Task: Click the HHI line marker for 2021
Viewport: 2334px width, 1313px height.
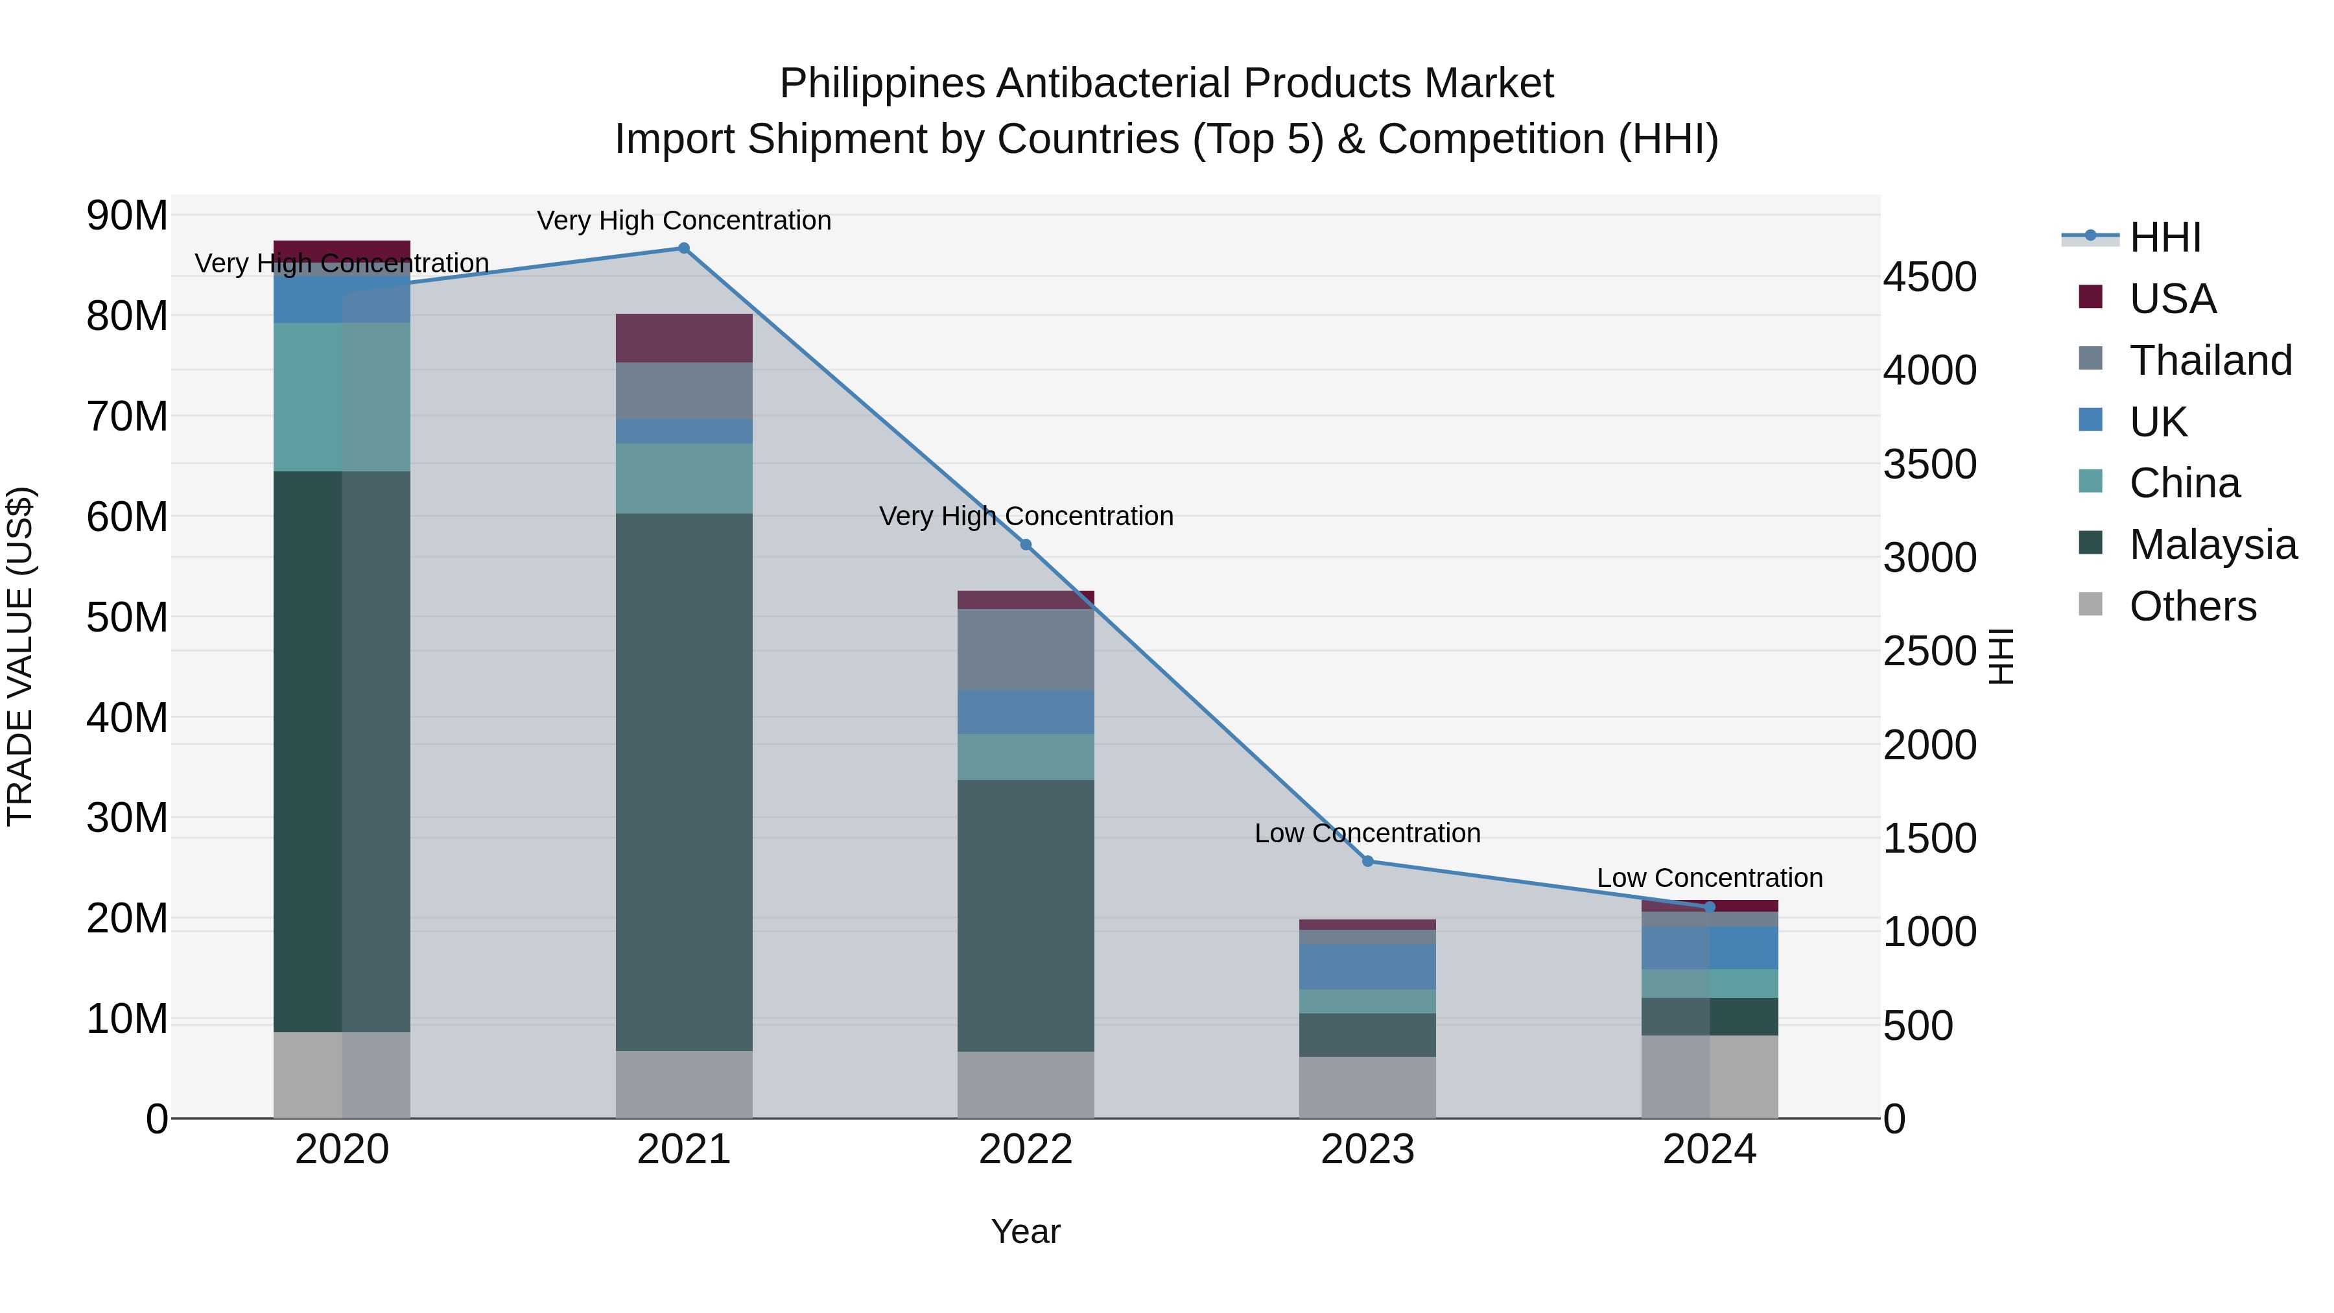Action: click(x=684, y=248)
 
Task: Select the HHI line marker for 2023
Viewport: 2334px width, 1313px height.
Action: click(x=1368, y=861)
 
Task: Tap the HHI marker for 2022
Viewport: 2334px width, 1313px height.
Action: click(x=1026, y=545)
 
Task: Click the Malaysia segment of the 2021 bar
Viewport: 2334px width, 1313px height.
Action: click(x=684, y=781)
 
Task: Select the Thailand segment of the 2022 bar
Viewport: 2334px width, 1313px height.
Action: click(x=1026, y=649)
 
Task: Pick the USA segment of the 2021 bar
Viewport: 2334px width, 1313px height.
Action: click(x=684, y=338)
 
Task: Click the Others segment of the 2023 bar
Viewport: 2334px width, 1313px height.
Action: click(x=1367, y=1087)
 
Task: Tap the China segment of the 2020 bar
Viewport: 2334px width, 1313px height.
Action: click(x=342, y=397)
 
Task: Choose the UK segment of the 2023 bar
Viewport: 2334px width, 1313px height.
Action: click(x=1367, y=966)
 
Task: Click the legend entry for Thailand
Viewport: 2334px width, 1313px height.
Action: click(x=2211, y=360)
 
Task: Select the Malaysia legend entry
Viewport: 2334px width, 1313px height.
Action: click(x=2213, y=545)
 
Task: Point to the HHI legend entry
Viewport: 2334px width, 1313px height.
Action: click(x=2165, y=237)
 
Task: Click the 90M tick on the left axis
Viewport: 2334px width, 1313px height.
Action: click(x=127, y=216)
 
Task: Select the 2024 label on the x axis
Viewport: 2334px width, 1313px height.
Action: click(x=1709, y=1150)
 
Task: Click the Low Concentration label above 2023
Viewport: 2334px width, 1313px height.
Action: click(x=1367, y=833)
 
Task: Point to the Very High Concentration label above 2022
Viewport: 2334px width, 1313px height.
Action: click(x=1026, y=515)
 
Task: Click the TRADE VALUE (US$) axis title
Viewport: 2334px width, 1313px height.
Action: click(x=20, y=656)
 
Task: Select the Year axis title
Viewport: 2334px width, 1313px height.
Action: click(x=1026, y=1231)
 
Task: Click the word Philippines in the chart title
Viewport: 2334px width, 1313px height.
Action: click(x=882, y=84)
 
